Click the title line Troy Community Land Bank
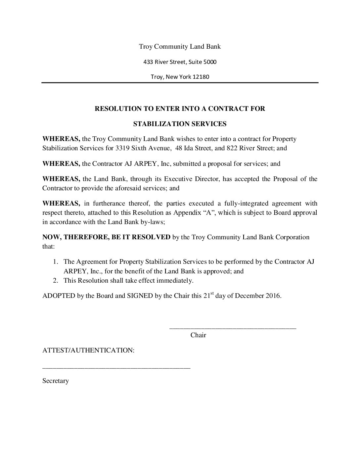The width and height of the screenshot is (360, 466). (180, 46)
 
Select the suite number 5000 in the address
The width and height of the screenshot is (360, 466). (210, 62)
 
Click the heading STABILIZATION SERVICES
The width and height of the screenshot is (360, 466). (180, 124)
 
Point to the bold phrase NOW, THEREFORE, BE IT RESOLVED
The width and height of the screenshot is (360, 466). (106, 237)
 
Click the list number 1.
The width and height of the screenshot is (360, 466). (56, 262)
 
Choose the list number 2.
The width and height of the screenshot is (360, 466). (56, 281)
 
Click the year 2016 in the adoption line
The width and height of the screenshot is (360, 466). (273, 296)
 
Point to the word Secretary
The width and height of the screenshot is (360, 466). (56, 381)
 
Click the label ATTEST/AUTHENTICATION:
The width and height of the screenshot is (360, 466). (88, 350)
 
